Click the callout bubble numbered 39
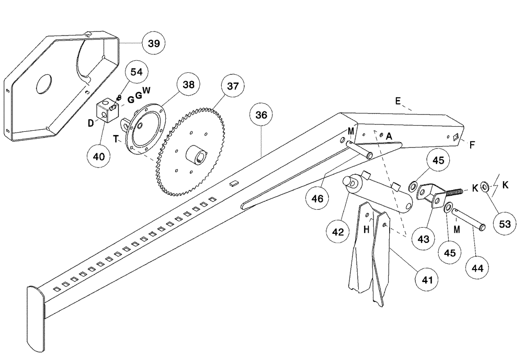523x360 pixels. tap(154, 43)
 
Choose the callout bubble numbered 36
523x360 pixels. tap(261, 115)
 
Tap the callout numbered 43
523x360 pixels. tap(423, 239)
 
